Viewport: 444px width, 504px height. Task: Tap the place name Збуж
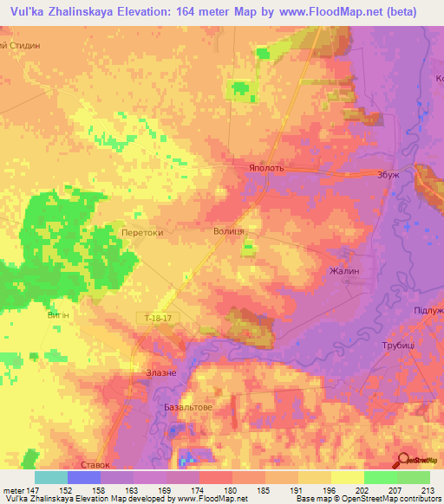point(388,174)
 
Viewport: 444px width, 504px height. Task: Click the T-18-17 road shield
point(159,320)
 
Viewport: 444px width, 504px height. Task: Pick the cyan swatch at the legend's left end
point(50,477)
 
